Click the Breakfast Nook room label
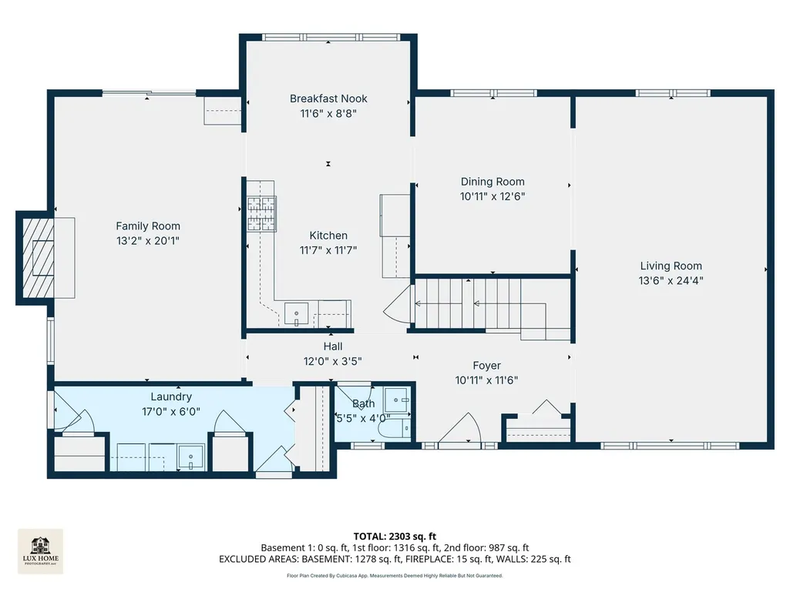click(328, 99)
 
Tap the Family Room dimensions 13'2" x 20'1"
click(148, 241)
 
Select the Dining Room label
click(492, 182)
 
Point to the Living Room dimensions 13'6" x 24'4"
click(671, 280)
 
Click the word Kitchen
click(328, 235)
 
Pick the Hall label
click(333, 346)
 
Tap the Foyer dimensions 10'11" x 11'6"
click(486, 380)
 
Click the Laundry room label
click(171, 396)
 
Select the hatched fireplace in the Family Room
click(39, 258)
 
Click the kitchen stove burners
click(261, 213)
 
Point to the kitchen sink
click(296, 313)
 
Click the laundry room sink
click(191, 457)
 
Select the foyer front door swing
click(461, 428)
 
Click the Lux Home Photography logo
click(41, 551)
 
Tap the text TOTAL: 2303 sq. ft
click(395, 536)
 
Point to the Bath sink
click(398, 400)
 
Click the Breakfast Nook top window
click(331, 37)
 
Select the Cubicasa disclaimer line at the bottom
click(395, 575)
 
